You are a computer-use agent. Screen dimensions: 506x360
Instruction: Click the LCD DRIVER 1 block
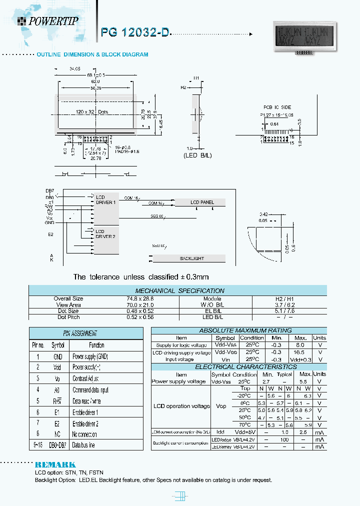tap(105, 199)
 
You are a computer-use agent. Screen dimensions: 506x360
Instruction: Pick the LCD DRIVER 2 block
tap(105, 234)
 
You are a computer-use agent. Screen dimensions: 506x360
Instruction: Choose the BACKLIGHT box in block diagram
tap(191, 258)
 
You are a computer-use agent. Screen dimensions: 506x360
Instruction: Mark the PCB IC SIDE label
tap(277, 107)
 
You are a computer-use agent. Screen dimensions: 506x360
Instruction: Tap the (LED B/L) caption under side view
tap(198, 155)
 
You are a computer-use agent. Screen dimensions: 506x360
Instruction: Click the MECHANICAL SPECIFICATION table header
tap(179, 290)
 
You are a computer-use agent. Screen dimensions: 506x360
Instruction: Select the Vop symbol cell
tap(221, 406)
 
